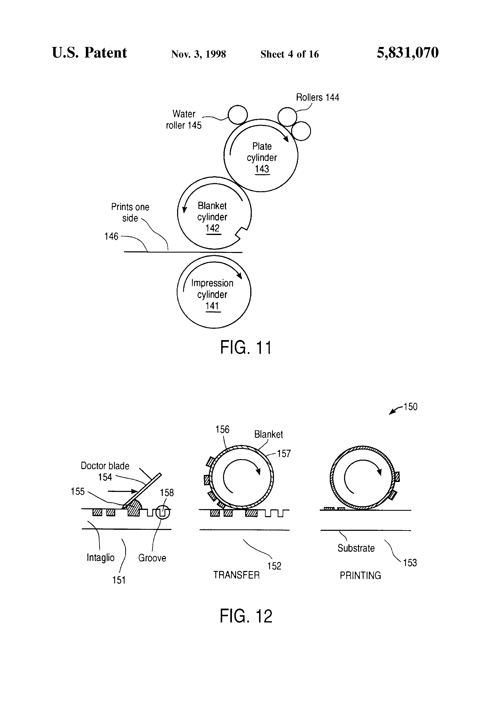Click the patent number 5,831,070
tap(408, 53)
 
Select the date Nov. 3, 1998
tap(198, 54)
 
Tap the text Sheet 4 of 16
tap(289, 54)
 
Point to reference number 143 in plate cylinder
tap(262, 169)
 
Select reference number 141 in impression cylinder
tap(212, 306)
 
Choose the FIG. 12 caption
tap(246, 616)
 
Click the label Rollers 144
tap(317, 97)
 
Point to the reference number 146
tap(111, 236)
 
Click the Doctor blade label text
tap(105, 466)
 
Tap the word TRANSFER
tap(236, 575)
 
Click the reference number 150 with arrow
tap(403, 408)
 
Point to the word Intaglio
tap(100, 558)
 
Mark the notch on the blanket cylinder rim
tap(241, 234)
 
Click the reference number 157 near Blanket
tap(284, 453)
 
